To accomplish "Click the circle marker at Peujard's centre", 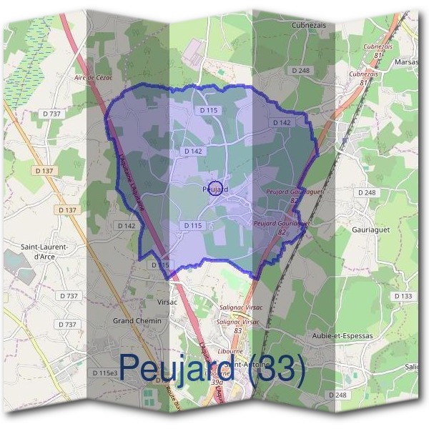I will click(217, 188).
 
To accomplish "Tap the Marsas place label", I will click(408, 61).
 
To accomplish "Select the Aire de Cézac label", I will click(94, 77).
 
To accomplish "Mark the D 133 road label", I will click(403, 296).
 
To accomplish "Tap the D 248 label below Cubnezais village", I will click(301, 70).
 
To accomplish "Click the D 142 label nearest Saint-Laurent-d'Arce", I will click(125, 225).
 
